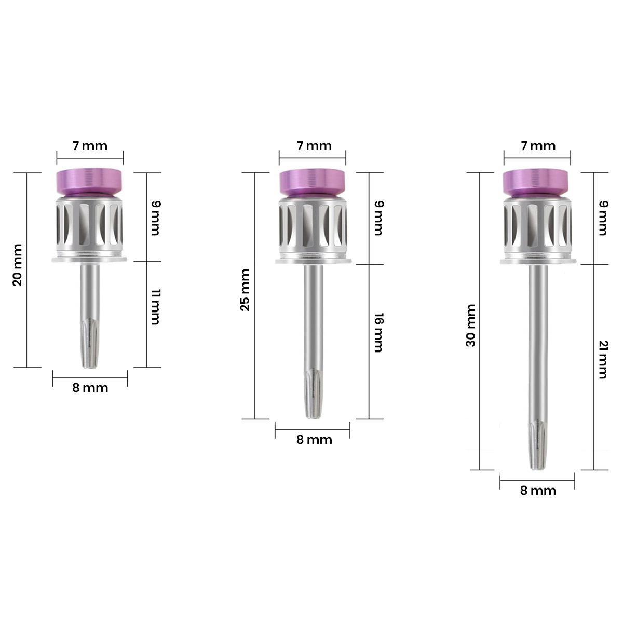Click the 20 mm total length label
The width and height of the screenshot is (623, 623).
[x=17, y=272]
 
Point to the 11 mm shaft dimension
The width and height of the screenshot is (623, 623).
[x=155, y=308]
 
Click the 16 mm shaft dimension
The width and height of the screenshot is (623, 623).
[x=378, y=332]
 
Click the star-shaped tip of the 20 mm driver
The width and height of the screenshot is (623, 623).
[x=90, y=345]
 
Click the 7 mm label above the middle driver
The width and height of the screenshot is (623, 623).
[x=314, y=146]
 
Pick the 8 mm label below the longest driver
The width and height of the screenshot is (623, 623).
[x=538, y=491]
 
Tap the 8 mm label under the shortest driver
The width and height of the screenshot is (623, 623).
[x=90, y=388]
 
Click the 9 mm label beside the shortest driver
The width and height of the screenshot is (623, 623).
[x=155, y=218]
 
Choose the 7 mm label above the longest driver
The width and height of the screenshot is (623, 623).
[x=538, y=146]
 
